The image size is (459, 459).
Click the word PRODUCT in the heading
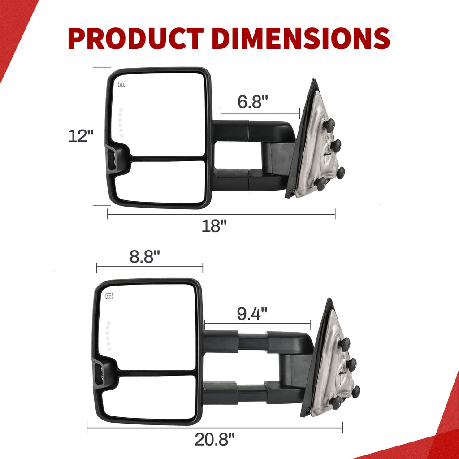tap(136, 38)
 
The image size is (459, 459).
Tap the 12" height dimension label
tap(81, 136)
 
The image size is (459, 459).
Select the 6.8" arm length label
tap(253, 102)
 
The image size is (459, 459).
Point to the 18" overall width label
tap(214, 226)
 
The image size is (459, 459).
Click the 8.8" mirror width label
tap(145, 257)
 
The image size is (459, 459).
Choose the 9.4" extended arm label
tap(252, 314)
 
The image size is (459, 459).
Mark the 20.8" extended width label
tap(215, 439)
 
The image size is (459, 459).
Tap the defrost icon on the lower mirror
tap(109, 296)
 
